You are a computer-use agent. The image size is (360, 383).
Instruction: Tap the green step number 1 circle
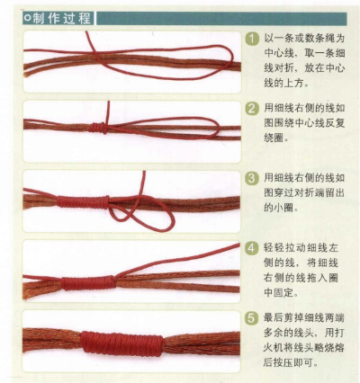point(253,40)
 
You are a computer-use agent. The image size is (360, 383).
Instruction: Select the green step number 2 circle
point(253,109)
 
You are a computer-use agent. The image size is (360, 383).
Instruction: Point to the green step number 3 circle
point(253,178)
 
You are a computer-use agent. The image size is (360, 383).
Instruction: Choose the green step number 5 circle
point(253,317)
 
